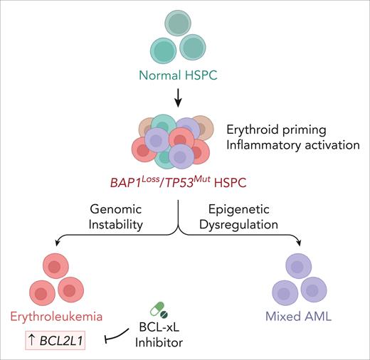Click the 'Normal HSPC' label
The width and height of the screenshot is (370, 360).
point(178,74)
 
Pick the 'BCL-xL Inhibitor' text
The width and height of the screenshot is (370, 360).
point(161,334)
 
